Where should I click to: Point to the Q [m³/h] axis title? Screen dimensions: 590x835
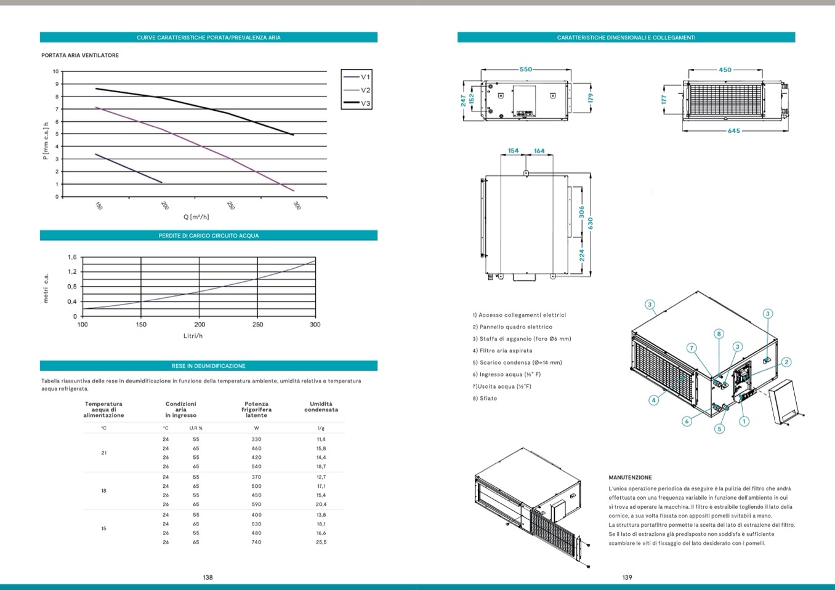[196, 217]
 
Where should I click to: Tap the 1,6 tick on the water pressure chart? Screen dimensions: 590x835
[72, 257]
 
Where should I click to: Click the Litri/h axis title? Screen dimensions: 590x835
[193, 336]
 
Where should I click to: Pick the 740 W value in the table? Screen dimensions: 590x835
[256, 542]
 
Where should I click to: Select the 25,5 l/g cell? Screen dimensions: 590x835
[321, 542]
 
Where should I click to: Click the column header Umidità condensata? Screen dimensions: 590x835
[321, 407]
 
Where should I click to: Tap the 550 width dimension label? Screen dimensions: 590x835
[525, 70]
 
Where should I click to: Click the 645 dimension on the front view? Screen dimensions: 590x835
[733, 131]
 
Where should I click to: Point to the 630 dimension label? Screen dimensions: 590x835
[590, 223]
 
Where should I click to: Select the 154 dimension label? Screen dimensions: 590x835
[513, 151]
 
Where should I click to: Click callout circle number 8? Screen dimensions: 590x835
[719, 334]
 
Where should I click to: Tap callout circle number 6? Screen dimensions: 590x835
[686, 421]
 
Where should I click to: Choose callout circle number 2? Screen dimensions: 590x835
[786, 362]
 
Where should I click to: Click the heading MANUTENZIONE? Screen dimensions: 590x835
[630, 477]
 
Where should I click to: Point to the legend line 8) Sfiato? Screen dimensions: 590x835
[485, 399]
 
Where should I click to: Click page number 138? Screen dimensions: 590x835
[208, 577]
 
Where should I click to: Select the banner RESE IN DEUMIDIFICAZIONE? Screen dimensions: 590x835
[208, 366]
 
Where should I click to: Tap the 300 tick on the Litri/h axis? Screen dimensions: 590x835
[315, 325]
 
